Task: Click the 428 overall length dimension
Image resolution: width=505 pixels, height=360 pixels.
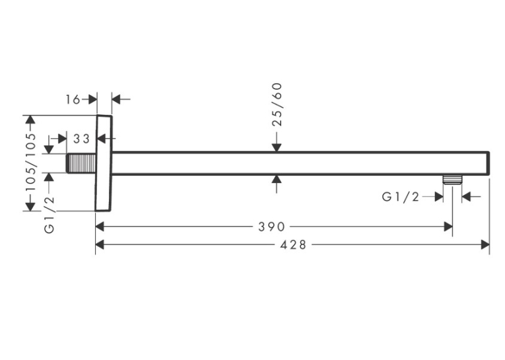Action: pyautogui.click(x=292, y=245)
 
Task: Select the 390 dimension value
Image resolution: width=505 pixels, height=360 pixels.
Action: pyautogui.click(x=271, y=227)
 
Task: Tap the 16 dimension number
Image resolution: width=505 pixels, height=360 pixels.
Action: pyautogui.click(x=73, y=100)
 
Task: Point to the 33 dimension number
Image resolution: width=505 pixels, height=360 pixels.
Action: pyautogui.click(x=81, y=139)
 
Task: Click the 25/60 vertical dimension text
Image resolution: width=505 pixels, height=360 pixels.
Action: pyautogui.click(x=277, y=104)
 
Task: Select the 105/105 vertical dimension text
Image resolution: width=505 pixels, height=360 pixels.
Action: pyautogui.click(x=31, y=162)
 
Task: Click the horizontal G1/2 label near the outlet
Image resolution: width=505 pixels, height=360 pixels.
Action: pyautogui.click(x=401, y=197)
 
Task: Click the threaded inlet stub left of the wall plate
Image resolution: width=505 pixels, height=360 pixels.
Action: pyautogui.click(x=81, y=163)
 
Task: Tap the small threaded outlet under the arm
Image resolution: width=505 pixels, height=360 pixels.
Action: pyautogui.click(x=452, y=180)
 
